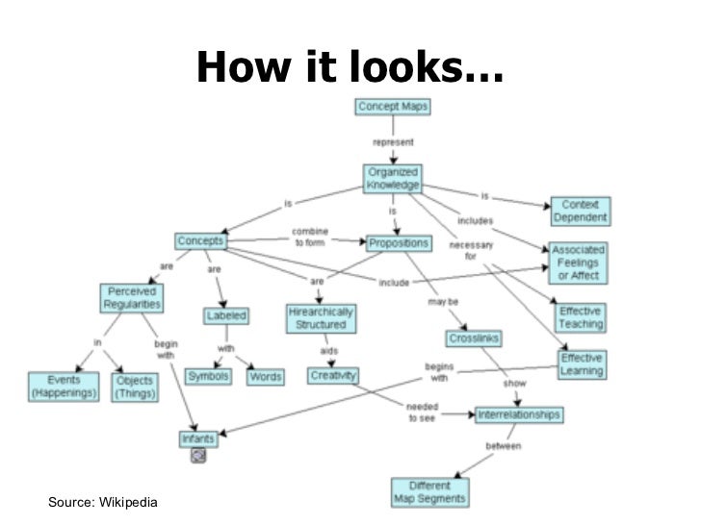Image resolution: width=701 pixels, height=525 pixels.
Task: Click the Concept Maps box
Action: (393, 106)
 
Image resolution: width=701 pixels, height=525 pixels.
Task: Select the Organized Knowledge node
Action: (393, 178)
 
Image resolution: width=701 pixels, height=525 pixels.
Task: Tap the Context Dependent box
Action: (580, 211)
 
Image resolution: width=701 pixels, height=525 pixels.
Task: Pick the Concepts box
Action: (200, 240)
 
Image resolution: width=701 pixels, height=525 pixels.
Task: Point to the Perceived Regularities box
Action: (132, 297)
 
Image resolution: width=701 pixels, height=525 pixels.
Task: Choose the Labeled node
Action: (226, 315)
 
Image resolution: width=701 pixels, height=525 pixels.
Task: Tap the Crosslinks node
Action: (474, 338)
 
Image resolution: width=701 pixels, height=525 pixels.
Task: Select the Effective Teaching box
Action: (581, 317)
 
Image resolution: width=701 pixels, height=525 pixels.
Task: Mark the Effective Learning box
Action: (582, 364)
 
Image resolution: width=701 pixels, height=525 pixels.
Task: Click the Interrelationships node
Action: (518, 415)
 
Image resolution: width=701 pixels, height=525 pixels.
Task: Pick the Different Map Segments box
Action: (429, 491)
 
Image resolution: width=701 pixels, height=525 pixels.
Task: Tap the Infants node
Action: (198, 439)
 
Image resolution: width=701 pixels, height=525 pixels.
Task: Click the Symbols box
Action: (208, 376)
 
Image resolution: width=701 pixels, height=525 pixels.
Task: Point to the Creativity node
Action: (333, 375)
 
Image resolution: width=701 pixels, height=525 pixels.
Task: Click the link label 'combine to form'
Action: (310, 237)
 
